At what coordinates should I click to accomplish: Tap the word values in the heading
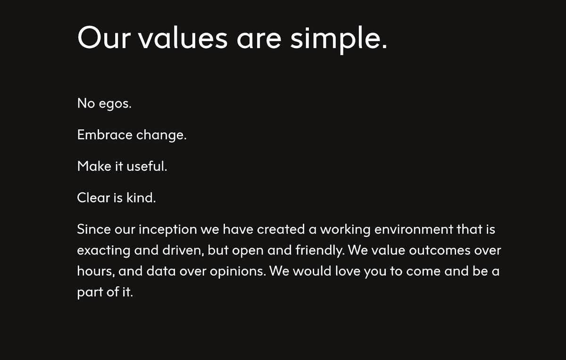point(183,37)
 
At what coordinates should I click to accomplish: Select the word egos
point(115,104)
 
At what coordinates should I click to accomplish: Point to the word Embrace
point(105,134)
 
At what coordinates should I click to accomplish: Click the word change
point(161,135)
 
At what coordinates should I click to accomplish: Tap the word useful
point(147,166)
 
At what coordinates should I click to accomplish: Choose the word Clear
point(93,197)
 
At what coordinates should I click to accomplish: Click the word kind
point(141,197)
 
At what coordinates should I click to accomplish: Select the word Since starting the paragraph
point(94,229)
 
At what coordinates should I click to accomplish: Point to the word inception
point(168,230)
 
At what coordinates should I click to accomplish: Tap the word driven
point(183,251)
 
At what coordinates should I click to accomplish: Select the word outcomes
point(440,251)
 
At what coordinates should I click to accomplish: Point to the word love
point(348,271)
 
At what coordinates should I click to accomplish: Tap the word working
point(345,230)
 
